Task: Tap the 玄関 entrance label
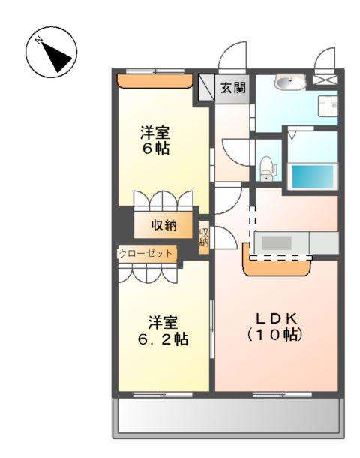232,88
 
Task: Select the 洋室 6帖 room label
156,140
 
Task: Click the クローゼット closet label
147,254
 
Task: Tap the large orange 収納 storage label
164,224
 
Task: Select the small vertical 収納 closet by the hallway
204,237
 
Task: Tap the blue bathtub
312,176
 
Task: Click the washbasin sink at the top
289,82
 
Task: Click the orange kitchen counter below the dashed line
277,267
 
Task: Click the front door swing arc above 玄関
233,56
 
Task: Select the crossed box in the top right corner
325,78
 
